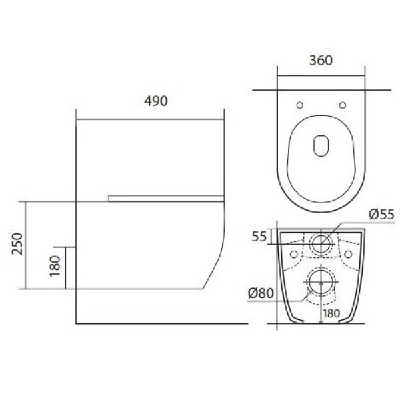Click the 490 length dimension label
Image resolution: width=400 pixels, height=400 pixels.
tap(156, 101)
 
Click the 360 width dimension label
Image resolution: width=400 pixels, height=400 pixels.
tap(321, 61)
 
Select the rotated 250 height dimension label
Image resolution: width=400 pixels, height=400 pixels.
tap(17, 243)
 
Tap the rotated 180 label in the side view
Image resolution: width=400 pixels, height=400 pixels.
tap(55, 266)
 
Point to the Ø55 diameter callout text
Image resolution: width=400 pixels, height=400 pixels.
tap(382, 215)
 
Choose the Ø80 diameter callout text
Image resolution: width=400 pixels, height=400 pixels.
tap(261, 293)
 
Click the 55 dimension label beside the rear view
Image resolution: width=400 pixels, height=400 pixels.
tap(259, 237)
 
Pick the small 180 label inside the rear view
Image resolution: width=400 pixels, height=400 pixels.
tap(331, 313)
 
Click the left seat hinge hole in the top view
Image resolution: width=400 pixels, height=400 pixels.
tap(300, 105)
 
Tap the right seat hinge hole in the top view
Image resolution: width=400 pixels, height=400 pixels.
tap(343, 105)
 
